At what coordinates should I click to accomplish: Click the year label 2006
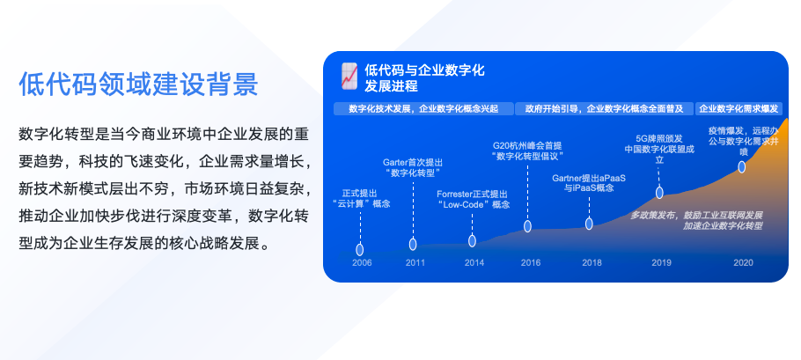362,263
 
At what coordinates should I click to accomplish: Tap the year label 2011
415,263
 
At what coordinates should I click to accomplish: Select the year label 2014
474,263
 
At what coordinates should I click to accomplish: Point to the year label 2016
530,263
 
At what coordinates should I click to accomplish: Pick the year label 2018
592,263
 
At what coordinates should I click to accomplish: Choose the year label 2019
662,263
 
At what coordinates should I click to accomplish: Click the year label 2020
743,263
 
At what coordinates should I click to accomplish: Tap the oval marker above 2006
360,250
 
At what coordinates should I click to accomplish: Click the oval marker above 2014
472,241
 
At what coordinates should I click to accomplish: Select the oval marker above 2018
589,224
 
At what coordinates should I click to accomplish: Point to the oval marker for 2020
742,167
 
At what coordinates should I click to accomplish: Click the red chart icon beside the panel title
349,77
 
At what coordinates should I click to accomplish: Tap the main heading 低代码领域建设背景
138,84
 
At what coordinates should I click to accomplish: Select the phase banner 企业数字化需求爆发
739,109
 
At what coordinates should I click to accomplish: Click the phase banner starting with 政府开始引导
605,109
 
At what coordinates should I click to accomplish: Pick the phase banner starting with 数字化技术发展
423,109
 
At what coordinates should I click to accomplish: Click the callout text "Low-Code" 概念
473,205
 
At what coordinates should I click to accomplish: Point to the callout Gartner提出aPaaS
589,178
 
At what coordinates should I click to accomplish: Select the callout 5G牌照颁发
659,138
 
